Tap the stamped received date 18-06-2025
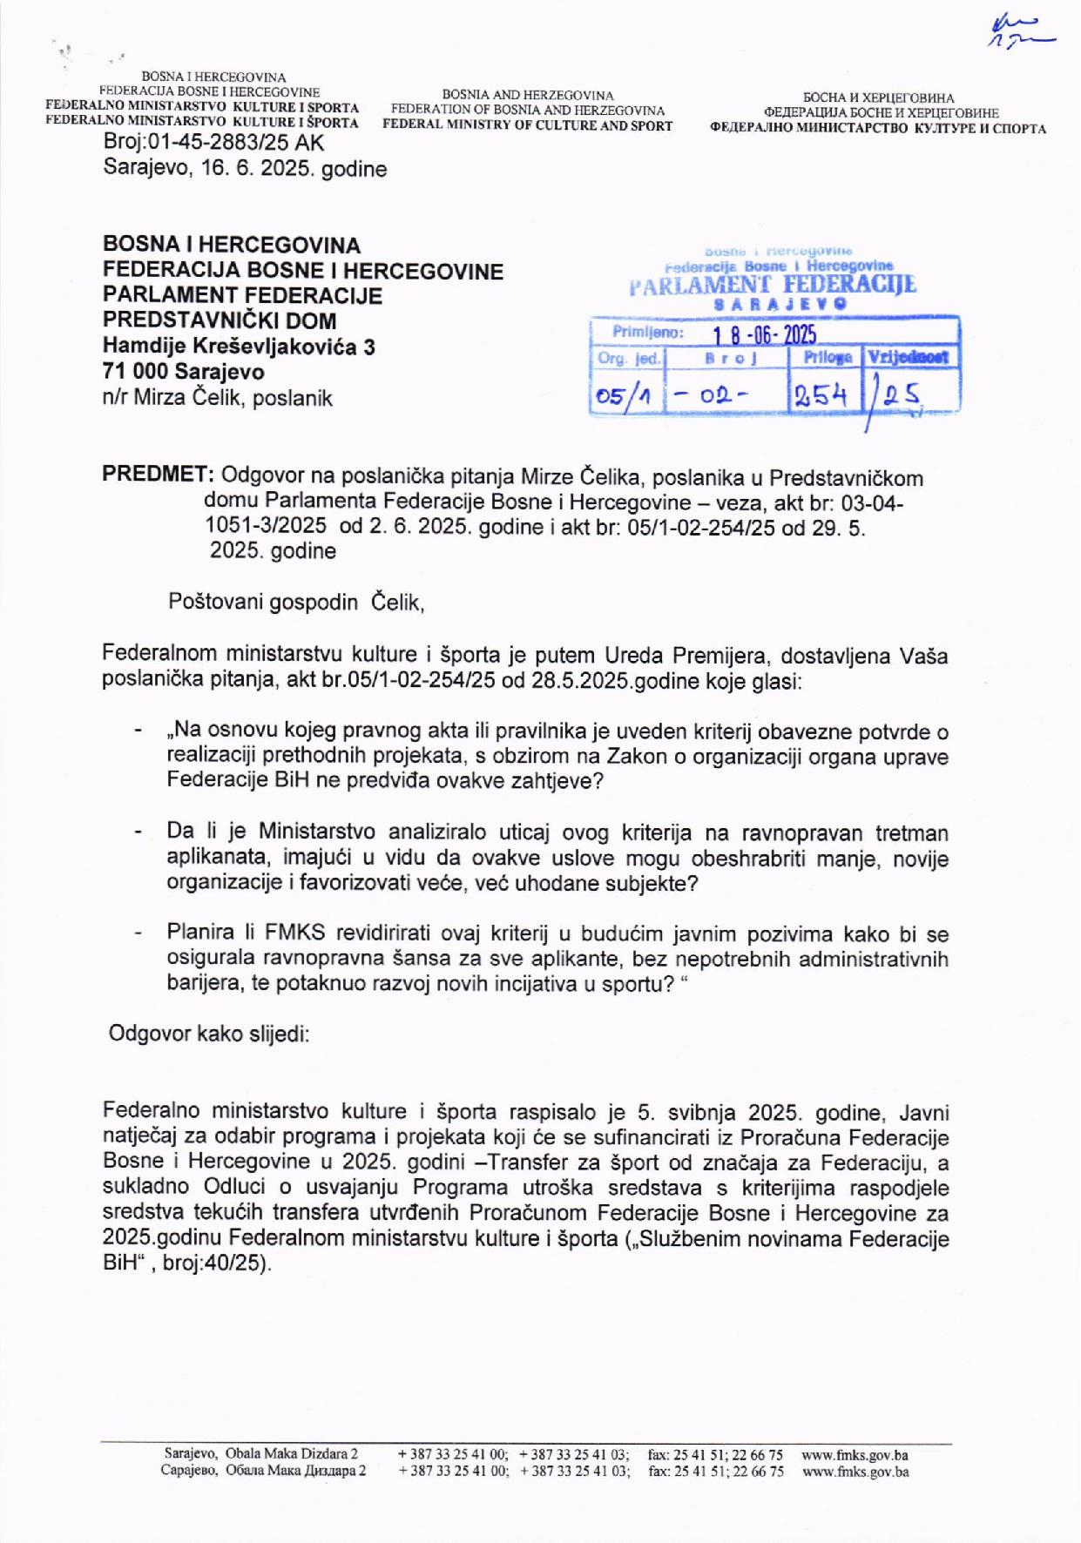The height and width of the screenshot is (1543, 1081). [764, 335]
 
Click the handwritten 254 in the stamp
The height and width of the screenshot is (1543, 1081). [821, 396]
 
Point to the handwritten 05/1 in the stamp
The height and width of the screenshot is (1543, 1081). [624, 397]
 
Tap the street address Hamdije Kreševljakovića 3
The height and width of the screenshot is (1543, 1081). [239, 347]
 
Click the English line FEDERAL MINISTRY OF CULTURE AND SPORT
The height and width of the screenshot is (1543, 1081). [528, 125]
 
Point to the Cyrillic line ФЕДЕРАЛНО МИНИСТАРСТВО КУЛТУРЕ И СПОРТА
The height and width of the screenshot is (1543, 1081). [878, 129]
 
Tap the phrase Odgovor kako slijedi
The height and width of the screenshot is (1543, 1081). [209, 1034]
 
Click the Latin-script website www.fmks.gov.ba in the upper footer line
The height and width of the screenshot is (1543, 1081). [855, 1455]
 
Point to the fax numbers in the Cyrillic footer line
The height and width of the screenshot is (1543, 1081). [715, 1472]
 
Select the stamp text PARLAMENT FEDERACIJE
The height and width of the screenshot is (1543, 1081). [773, 285]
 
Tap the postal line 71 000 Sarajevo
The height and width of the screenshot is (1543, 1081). [184, 372]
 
